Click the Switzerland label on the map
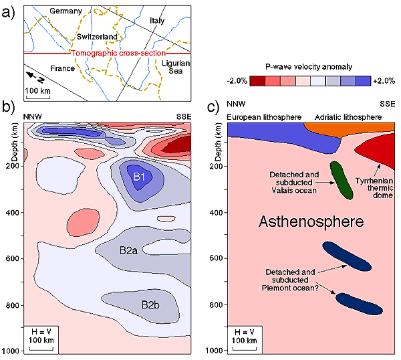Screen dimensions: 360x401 pyautogui.click(x=97, y=35)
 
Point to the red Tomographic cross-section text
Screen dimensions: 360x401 pyautogui.click(x=110, y=53)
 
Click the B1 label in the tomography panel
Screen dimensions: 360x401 pyautogui.click(x=140, y=177)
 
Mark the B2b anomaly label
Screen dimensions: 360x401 pyautogui.click(x=150, y=305)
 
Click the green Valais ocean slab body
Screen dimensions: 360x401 pyautogui.click(x=342, y=179)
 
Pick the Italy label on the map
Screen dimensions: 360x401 pyautogui.click(x=157, y=21)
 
